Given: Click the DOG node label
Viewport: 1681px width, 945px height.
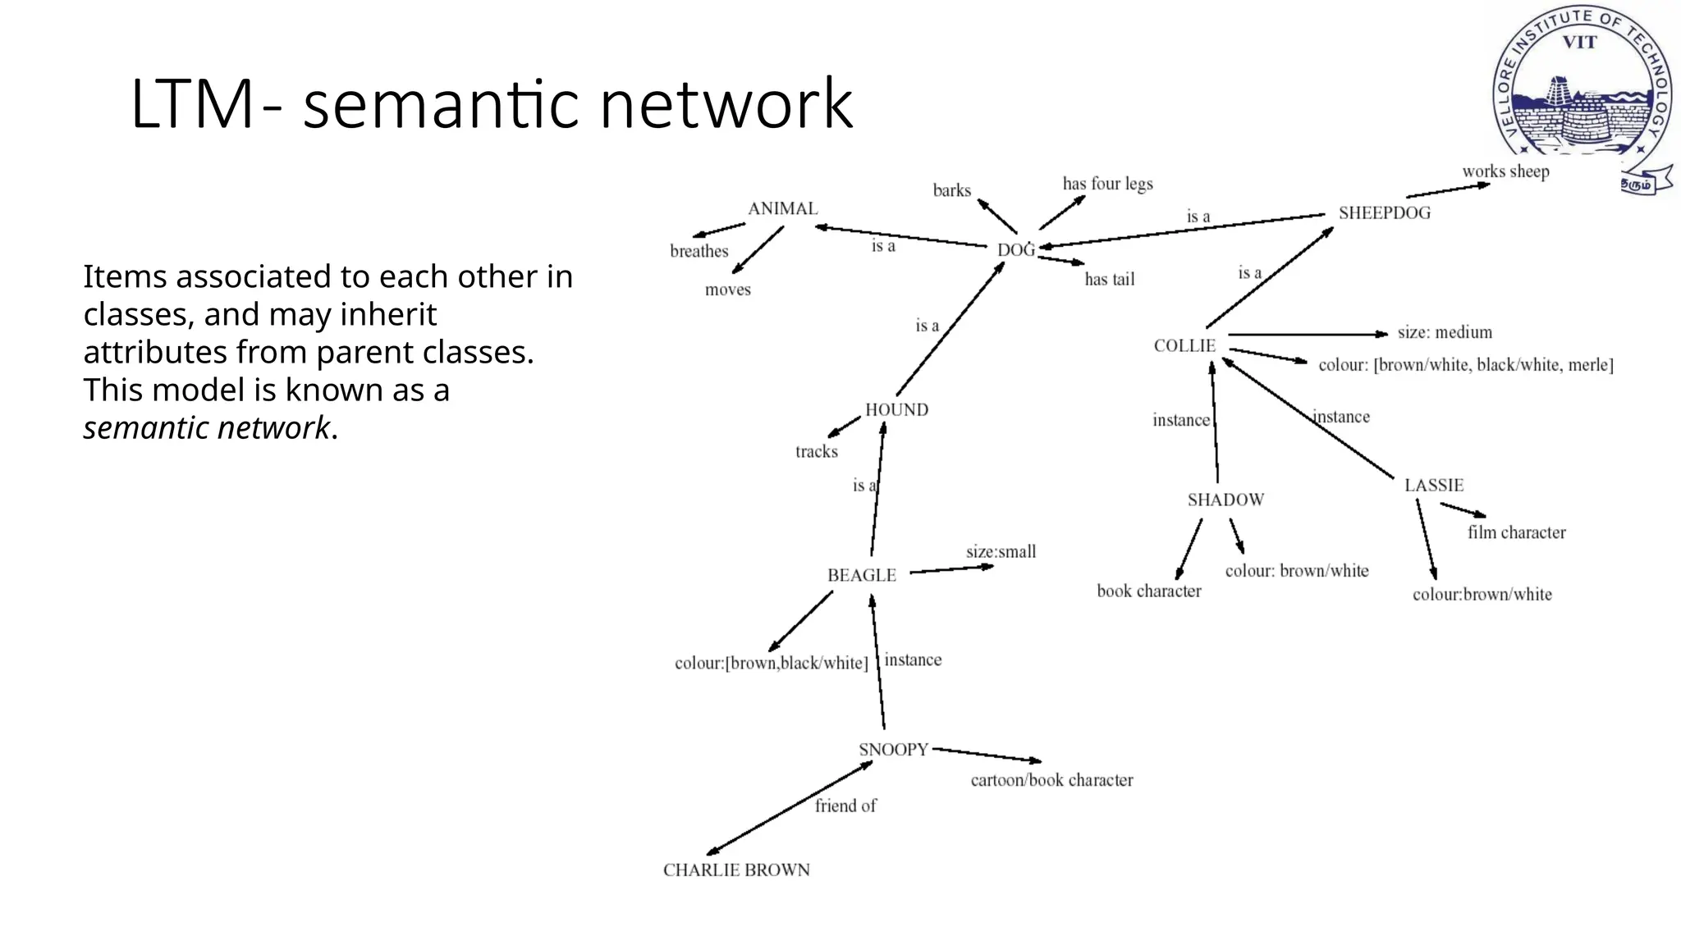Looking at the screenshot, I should tap(1015, 249).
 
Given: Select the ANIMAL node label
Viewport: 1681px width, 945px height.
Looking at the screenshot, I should tap(782, 208).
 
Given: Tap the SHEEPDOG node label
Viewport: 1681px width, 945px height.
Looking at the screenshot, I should tap(1384, 213).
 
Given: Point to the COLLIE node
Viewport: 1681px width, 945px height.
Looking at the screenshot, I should tap(1184, 346).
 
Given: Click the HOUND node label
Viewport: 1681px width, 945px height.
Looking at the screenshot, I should tap(896, 410).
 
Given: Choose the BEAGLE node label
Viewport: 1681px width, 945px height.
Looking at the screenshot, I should tap(861, 576).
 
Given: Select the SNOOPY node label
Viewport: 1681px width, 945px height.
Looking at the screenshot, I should tap(893, 750).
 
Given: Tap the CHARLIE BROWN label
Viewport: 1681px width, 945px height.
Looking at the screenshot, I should tap(736, 870).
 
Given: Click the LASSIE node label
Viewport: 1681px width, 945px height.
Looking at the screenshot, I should tap(1433, 486).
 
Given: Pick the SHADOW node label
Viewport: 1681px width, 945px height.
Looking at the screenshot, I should tap(1225, 500).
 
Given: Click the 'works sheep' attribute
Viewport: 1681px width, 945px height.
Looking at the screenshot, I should tap(1505, 172).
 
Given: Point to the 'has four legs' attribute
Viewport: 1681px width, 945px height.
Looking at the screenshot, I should tap(1107, 184).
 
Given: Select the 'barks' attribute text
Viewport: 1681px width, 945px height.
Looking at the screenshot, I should tap(951, 191).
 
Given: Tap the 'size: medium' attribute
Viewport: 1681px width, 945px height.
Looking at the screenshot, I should tap(1445, 333).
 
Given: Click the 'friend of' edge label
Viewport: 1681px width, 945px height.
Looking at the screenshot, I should tap(845, 806).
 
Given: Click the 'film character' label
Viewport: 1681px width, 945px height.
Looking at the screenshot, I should tap(1516, 533).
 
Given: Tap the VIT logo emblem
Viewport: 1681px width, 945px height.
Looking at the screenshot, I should tap(1580, 90).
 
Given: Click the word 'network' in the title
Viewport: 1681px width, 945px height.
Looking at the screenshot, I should tap(726, 104).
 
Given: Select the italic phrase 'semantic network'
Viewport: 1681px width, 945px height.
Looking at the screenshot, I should tap(206, 428).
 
